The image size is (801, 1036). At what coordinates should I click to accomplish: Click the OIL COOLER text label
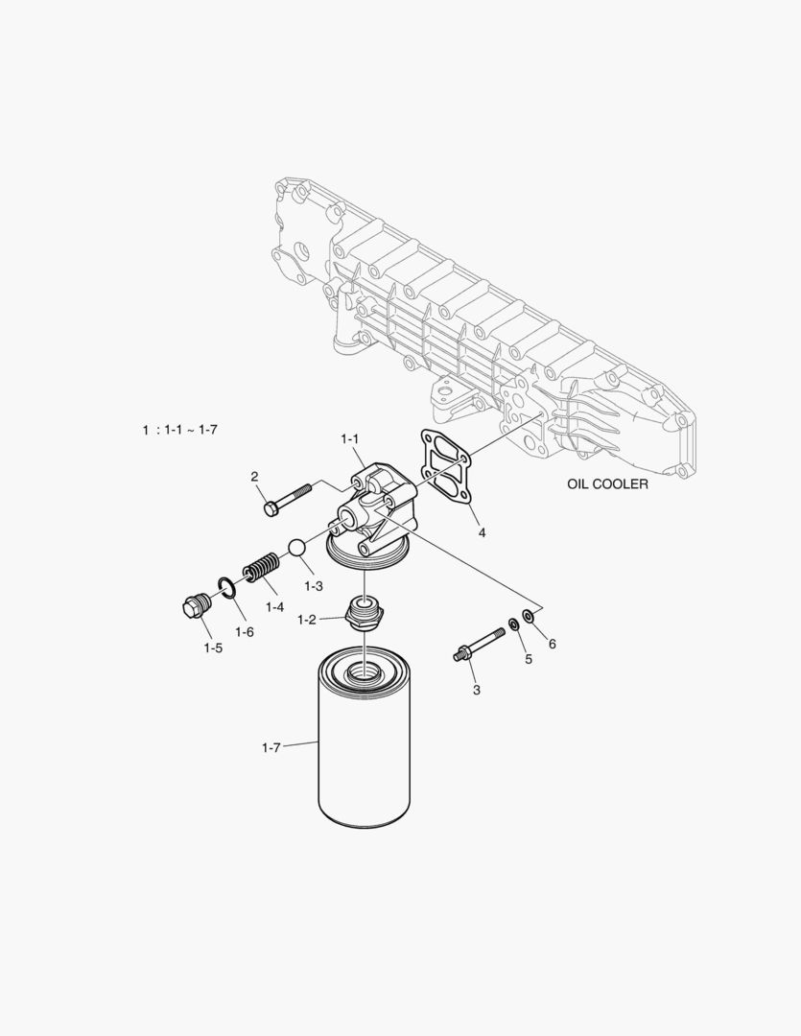pos(607,483)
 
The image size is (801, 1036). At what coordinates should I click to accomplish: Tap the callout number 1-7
pos(271,748)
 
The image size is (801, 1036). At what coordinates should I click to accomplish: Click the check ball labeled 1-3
pos(296,548)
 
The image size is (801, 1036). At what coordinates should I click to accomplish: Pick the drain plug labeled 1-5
pos(195,605)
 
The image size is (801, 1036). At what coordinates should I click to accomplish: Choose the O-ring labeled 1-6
pos(226,587)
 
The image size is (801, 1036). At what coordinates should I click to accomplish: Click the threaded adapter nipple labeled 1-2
pos(365,612)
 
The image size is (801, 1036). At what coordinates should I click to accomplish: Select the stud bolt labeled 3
pos(479,645)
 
